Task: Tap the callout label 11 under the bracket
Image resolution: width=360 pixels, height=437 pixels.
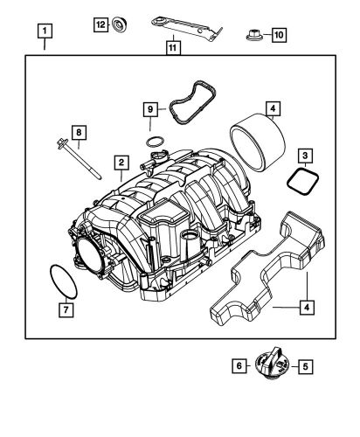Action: click(x=173, y=47)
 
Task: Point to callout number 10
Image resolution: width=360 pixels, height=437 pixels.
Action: click(x=278, y=35)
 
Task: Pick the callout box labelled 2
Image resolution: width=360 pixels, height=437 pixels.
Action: click(x=122, y=163)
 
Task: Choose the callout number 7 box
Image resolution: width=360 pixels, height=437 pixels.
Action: click(x=64, y=308)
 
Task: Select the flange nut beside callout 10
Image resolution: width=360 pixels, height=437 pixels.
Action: click(x=253, y=35)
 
